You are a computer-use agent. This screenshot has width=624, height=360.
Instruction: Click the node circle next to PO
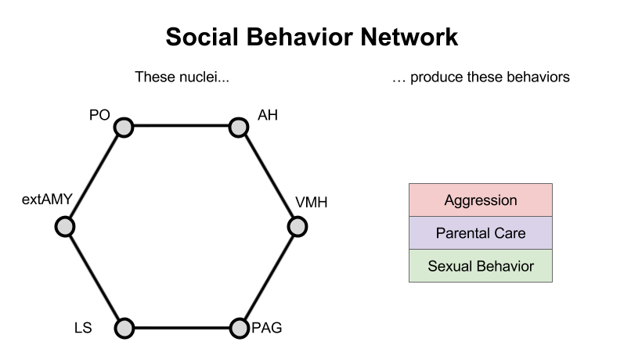pyautogui.click(x=124, y=126)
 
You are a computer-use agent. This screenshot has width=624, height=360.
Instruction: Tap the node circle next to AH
pyautogui.click(x=238, y=126)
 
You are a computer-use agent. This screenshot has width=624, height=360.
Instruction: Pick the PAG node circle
pyautogui.click(x=238, y=328)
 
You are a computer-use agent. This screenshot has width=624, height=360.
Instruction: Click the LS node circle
pyautogui.click(x=124, y=328)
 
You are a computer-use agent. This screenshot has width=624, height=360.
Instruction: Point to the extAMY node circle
pyautogui.click(x=66, y=227)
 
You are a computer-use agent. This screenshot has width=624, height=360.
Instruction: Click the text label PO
pyautogui.click(x=99, y=116)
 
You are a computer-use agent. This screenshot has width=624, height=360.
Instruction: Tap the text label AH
pyautogui.click(x=268, y=116)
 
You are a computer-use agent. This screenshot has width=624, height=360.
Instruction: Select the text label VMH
pyautogui.click(x=311, y=203)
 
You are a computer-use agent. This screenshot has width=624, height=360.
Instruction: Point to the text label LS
pyautogui.click(x=82, y=328)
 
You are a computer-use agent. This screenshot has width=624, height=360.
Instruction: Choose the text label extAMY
pyautogui.click(x=47, y=200)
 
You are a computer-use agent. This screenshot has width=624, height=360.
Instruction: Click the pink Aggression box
pyautogui.click(x=480, y=200)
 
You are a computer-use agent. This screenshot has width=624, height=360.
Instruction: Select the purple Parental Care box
pyautogui.click(x=480, y=233)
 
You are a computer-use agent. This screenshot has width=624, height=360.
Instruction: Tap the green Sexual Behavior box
pyautogui.click(x=480, y=266)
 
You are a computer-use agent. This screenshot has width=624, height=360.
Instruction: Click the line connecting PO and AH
pyautogui.click(x=181, y=126)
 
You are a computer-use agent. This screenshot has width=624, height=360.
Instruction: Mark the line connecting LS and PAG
pyautogui.click(x=181, y=328)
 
